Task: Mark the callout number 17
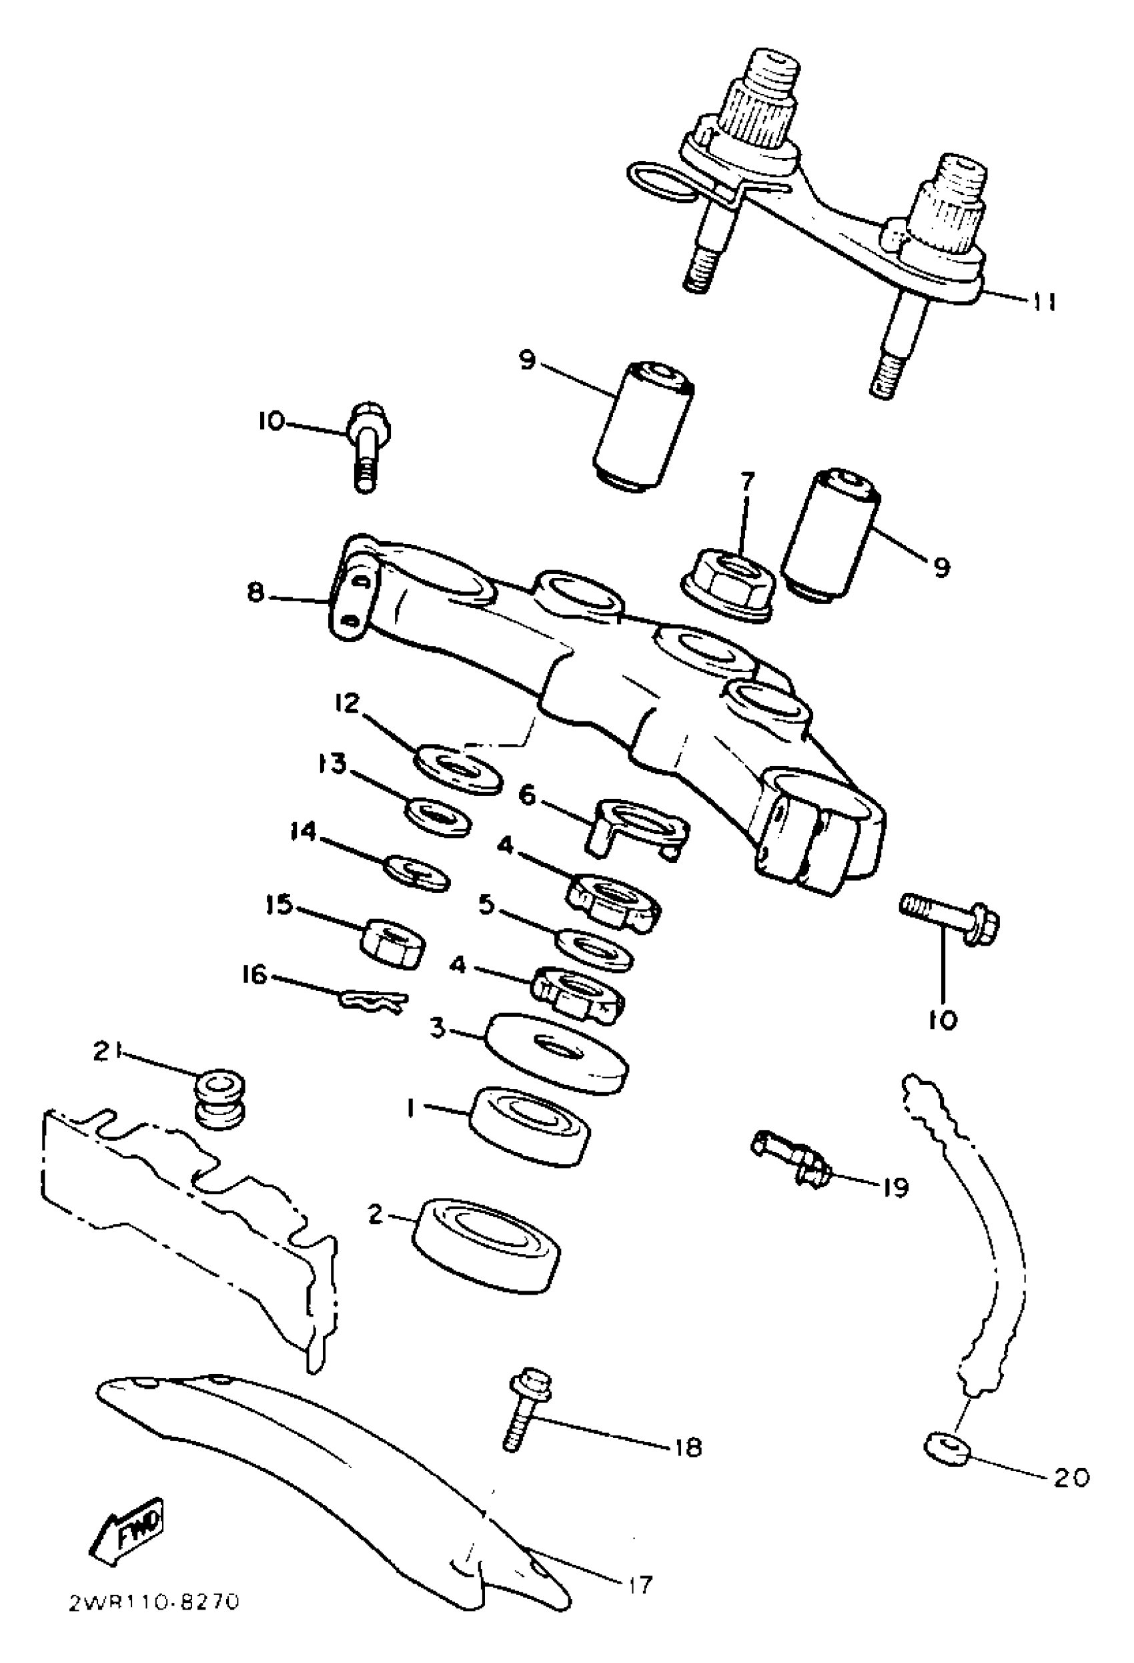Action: (x=640, y=1584)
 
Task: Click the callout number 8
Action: (x=255, y=593)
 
